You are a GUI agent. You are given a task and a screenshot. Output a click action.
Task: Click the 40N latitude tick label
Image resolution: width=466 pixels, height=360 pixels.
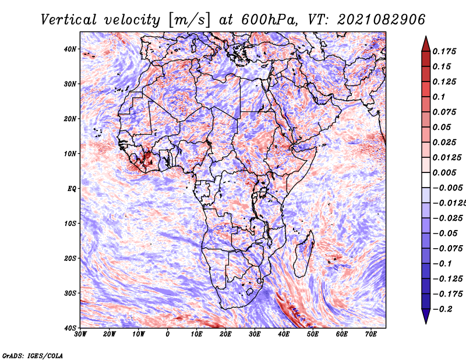pyautogui.click(x=70, y=49)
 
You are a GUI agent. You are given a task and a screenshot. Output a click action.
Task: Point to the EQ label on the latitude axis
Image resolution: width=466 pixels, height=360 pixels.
pyautogui.click(x=72, y=189)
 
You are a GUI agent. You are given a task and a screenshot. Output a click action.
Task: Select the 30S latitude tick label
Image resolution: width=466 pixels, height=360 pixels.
pyautogui.click(x=70, y=294)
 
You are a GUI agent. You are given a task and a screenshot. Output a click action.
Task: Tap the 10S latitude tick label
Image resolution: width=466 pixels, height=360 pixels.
pyautogui.click(x=70, y=224)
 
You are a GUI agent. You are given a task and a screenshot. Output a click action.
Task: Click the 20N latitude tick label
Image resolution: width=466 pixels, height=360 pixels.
pyautogui.click(x=70, y=119)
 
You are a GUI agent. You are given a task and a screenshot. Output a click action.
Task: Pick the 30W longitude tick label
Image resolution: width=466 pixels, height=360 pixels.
pyautogui.click(x=80, y=334)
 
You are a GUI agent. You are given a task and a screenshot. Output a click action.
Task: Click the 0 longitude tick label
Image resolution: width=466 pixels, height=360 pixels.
pyautogui.click(x=168, y=334)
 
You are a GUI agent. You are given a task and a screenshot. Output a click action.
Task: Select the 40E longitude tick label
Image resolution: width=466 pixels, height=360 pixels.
pyautogui.click(x=284, y=334)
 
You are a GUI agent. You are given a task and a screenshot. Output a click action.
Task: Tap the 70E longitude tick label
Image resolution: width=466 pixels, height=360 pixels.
pyautogui.click(x=371, y=334)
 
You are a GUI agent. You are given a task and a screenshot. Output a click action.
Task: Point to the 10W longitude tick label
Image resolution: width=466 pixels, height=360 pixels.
pyautogui.click(x=139, y=334)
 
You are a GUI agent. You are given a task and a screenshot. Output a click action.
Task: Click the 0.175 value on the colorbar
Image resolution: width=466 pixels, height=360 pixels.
pyautogui.click(x=444, y=51)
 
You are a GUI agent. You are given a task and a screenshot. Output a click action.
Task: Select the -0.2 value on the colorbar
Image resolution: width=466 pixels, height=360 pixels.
pyautogui.click(x=442, y=309)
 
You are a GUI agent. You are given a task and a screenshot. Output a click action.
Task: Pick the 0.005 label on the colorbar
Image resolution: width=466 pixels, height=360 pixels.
pyautogui.click(x=444, y=172)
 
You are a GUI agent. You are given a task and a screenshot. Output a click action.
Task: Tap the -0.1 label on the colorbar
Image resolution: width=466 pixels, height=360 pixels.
pyautogui.click(x=442, y=264)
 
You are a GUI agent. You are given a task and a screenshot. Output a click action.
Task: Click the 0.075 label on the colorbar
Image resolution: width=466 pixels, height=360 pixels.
pyautogui.click(x=444, y=112)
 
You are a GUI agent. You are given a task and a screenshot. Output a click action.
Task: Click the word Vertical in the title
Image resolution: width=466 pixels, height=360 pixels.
pyautogui.click(x=69, y=20)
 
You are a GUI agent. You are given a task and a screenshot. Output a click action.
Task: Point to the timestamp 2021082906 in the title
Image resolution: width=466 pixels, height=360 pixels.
pyautogui.click(x=382, y=20)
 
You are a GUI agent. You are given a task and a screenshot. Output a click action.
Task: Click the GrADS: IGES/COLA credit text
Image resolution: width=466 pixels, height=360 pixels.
pyautogui.click(x=33, y=355)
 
